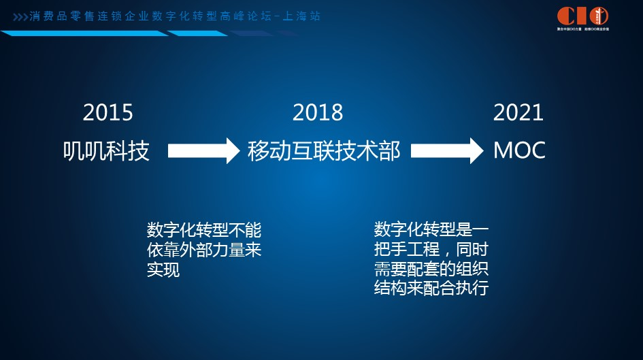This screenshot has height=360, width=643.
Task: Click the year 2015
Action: pos(108,112)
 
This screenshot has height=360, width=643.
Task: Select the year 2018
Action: pos(318,112)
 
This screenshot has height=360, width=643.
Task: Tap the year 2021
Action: pos(518,112)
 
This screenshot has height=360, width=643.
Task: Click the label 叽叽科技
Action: pos(106,150)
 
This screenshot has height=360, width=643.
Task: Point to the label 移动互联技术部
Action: pos(324,150)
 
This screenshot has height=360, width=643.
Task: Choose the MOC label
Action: pos(519,150)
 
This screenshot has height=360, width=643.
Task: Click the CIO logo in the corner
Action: pos(582,16)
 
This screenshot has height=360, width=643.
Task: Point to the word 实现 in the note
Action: pos(163,270)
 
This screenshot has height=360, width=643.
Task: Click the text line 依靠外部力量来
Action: pos(204,250)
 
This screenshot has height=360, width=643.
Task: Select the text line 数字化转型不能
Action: pos(204,229)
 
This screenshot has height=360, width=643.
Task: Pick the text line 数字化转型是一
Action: pos(431,229)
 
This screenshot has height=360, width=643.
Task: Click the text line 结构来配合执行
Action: pos(431,288)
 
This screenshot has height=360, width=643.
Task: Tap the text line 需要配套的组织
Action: pos(431,268)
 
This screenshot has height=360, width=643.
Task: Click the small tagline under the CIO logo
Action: pos(582,30)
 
